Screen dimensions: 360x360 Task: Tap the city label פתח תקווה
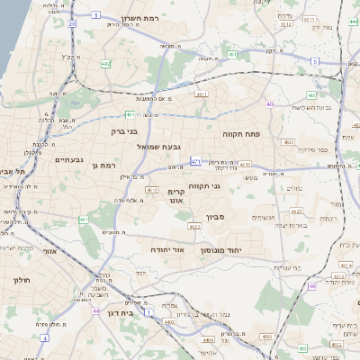[x=240, y=132]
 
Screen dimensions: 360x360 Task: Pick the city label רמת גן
[x=106, y=166]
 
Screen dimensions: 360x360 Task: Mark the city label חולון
[x=20, y=280]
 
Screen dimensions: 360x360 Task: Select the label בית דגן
[x=139, y=313]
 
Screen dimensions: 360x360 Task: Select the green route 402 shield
[x=106, y=63]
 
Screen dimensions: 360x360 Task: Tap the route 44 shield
[x=94, y=310]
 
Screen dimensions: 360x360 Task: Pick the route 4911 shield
[x=201, y=93]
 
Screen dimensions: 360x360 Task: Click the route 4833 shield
[x=288, y=142]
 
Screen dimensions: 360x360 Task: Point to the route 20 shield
[x=71, y=24]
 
